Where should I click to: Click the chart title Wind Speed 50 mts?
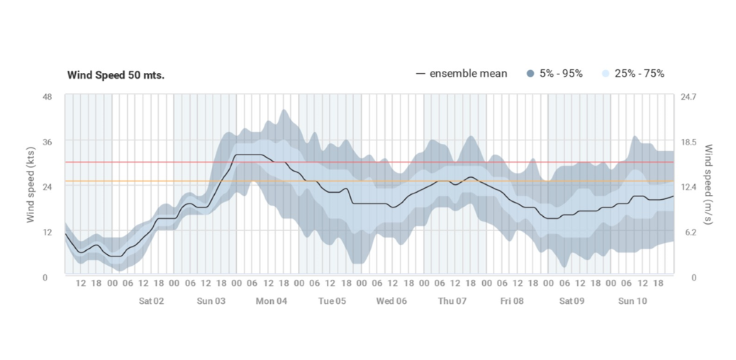(x=116, y=75)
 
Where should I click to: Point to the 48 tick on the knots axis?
(x=48, y=96)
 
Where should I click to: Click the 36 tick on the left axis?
(x=48, y=142)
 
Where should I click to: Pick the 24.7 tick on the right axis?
(x=688, y=96)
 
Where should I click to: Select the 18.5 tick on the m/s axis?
(x=688, y=142)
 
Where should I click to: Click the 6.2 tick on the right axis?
(x=688, y=232)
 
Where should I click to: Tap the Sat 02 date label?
(x=151, y=300)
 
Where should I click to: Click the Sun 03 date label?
(x=211, y=300)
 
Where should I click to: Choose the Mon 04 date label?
(x=272, y=300)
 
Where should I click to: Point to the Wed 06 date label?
(x=391, y=300)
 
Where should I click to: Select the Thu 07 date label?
(x=452, y=300)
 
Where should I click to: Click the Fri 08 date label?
(x=512, y=300)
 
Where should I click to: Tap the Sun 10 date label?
(x=632, y=300)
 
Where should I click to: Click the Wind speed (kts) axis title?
(x=31, y=186)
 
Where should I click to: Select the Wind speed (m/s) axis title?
(x=708, y=186)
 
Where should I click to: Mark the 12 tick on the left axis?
(x=48, y=232)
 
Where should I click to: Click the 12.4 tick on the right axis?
(x=688, y=186)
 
